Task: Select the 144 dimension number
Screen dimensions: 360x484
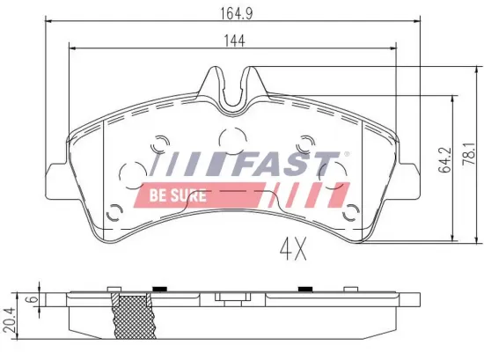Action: click(x=233, y=40)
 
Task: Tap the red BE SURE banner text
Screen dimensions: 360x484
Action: click(x=178, y=195)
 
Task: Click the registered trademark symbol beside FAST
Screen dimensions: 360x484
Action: click(x=346, y=155)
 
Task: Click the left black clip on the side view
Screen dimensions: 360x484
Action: click(x=160, y=290)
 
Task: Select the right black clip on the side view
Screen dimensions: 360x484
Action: click(x=305, y=290)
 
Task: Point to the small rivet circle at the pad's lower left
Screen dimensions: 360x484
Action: click(x=114, y=211)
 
